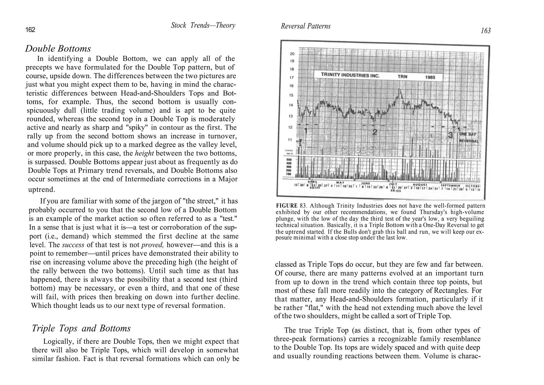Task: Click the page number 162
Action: [x=30, y=30]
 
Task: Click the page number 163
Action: [x=486, y=31]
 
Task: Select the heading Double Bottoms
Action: [x=58, y=49]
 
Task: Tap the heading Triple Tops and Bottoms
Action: [x=81, y=328]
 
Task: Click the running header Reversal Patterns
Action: [x=305, y=26]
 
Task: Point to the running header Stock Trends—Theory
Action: [x=203, y=26]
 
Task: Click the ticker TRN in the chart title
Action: [x=402, y=77]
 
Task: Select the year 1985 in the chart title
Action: [x=430, y=77]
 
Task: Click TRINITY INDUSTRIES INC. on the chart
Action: [x=350, y=75]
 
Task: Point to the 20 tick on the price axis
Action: [x=292, y=54]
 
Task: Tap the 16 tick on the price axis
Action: [x=292, y=86]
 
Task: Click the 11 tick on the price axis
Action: [x=292, y=140]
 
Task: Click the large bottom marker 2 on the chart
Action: [x=375, y=132]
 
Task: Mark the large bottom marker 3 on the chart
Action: [x=450, y=135]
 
